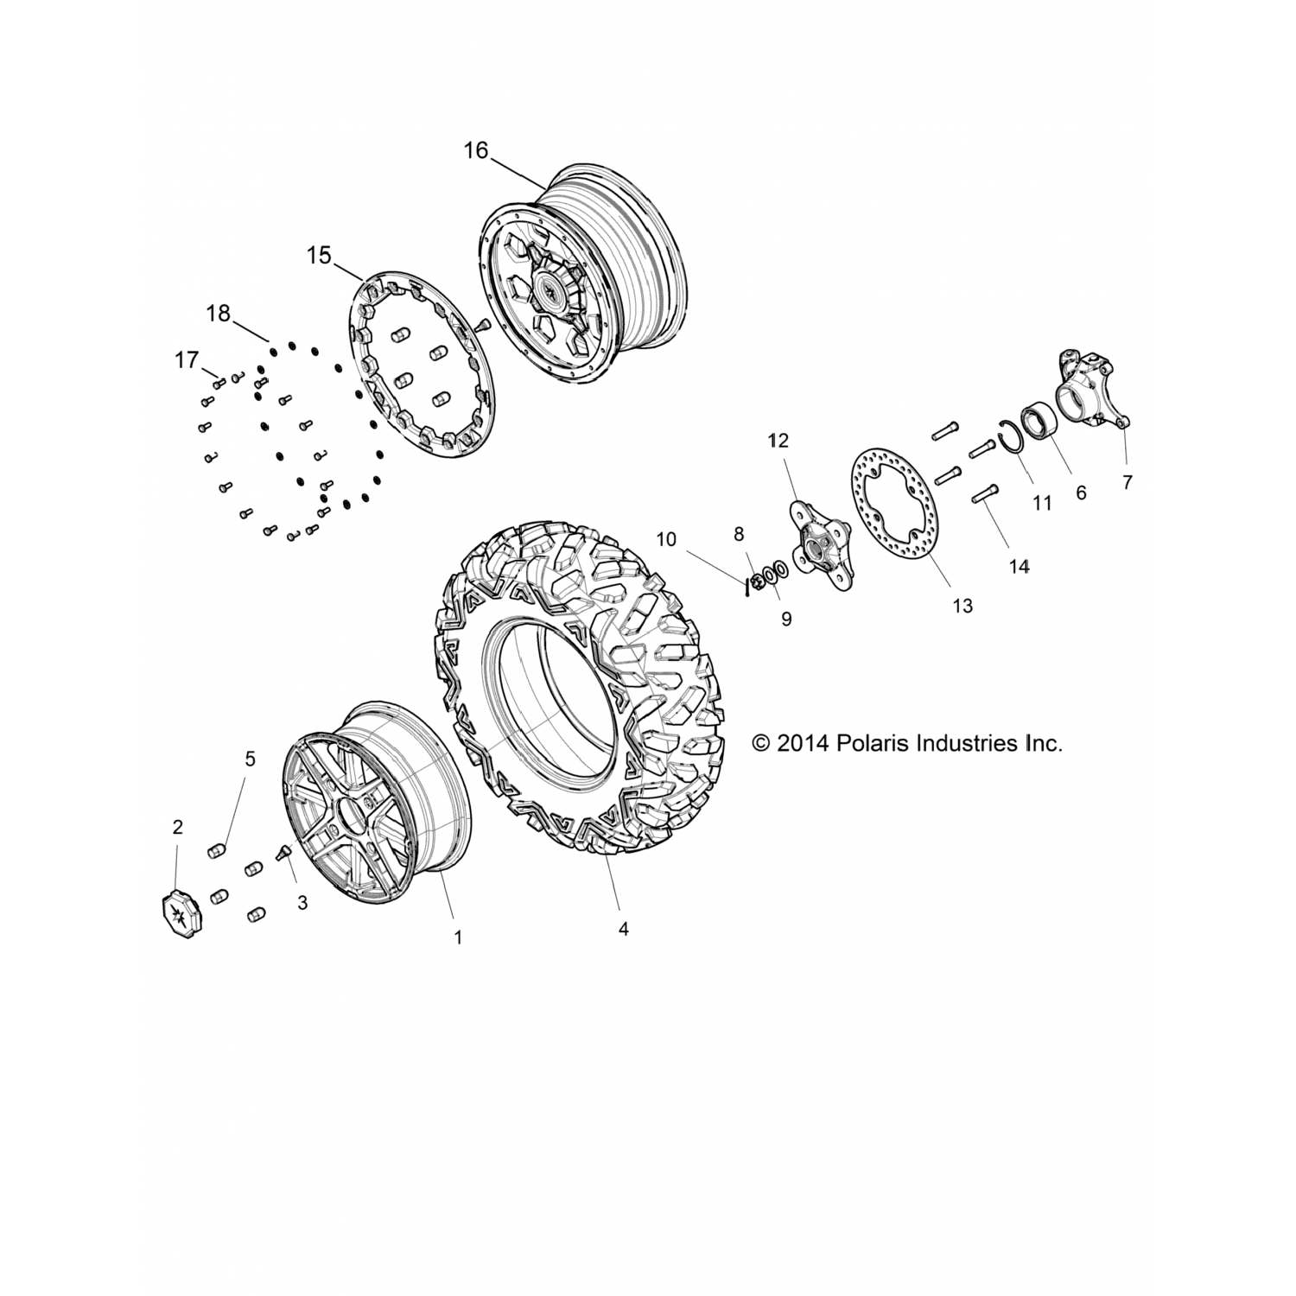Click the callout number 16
(x=475, y=150)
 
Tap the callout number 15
(x=319, y=256)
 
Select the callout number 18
(x=219, y=314)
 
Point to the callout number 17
(x=187, y=359)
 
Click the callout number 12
(x=778, y=441)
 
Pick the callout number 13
(x=962, y=606)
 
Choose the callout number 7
(x=1127, y=483)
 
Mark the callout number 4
(x=623, y=929)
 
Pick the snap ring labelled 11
(x=1010, y=436)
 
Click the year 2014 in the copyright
(x=803, y=743)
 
